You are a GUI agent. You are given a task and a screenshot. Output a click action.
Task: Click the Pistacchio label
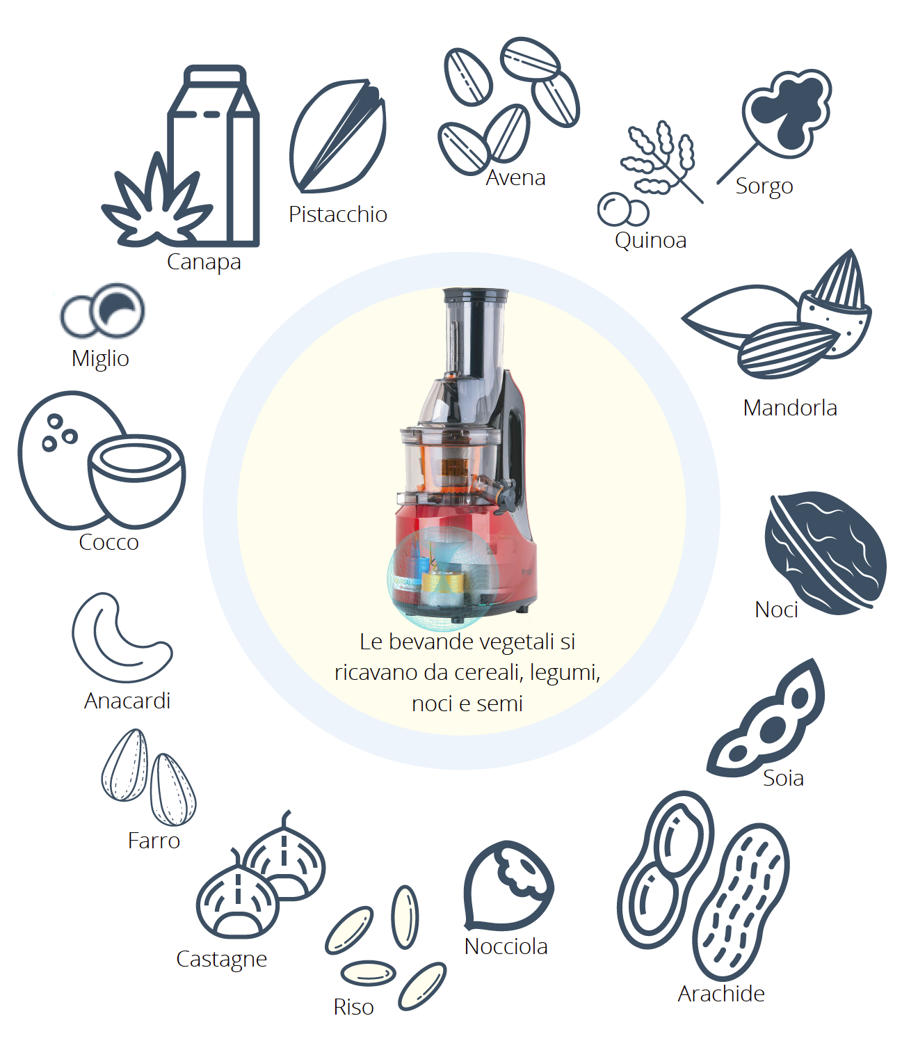[337, 214]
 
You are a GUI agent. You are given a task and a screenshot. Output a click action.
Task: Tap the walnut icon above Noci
[825, 552]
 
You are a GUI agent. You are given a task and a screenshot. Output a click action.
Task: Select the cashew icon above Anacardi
[122, 637]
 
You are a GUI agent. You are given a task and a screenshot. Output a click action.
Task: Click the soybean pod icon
[766, 720]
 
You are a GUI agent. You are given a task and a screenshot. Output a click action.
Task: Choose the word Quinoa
[650, 241]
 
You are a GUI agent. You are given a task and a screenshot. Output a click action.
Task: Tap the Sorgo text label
[764, 186]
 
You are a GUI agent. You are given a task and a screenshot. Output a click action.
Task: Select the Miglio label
[100, 358]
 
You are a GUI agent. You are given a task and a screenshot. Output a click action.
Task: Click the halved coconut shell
[136, 479]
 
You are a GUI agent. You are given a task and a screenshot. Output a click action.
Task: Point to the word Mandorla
[790, 408]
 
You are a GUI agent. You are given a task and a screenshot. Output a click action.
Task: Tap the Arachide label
[721, 994]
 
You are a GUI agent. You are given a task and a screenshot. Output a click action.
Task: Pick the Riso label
[353, 1007]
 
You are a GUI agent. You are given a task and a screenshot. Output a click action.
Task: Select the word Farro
[154, 841]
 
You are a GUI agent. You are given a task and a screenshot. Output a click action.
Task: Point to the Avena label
[515, 178]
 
